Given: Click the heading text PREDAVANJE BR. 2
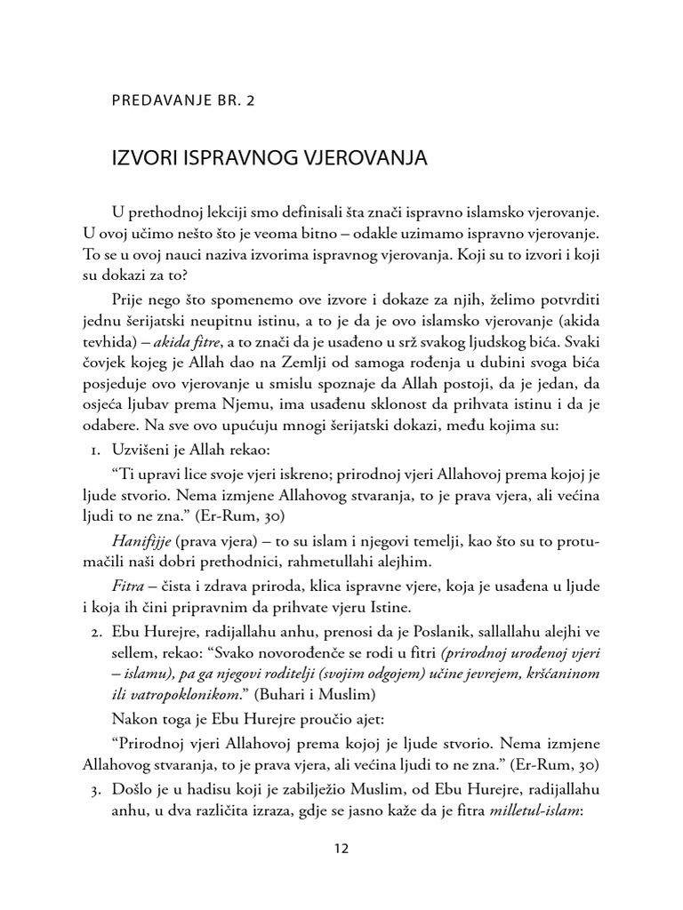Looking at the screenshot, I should pyautogui.click(x=183, y=101).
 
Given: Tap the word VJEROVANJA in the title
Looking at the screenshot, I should pyautogui.click(x=347, y=160).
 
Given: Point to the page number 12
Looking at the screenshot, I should pyautogui.click(x=341, y=848).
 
